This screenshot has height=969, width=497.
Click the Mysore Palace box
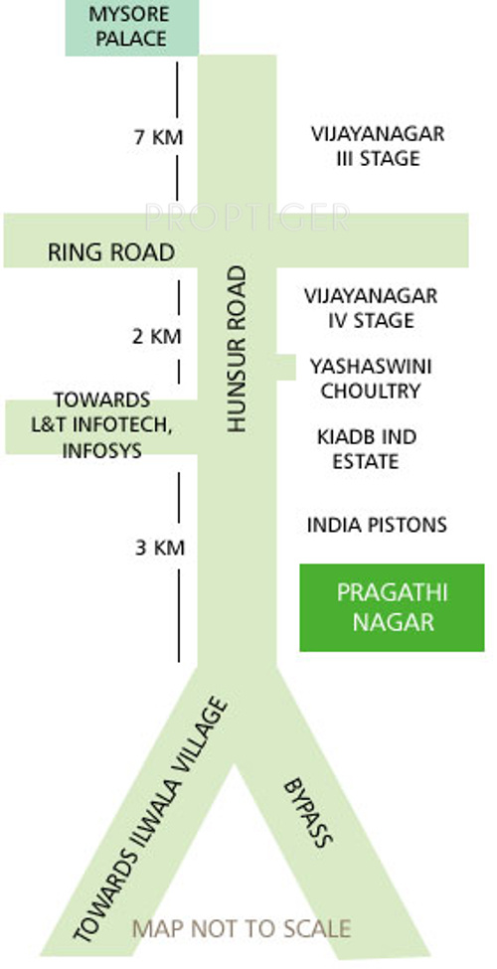click(131, 27)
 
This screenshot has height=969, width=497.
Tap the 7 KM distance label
click(159, 136)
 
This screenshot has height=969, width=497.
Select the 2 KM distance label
click(157, 336)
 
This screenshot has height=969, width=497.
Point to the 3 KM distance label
click(159, 548)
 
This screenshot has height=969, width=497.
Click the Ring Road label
click(111, 252)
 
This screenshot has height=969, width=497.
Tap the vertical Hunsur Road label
click(237, 349)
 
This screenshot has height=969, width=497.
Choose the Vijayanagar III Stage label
click(378, 146)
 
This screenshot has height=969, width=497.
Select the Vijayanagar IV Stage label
click(371, 308)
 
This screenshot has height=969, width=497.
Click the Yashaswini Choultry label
click(371, 379)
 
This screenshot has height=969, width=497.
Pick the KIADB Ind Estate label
click(367, 449)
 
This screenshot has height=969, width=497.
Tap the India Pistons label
click(377, 526)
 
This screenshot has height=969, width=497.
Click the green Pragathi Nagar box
click(392, 607)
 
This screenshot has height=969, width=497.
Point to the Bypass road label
click(308, 813)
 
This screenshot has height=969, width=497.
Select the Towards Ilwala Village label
click(150, 820)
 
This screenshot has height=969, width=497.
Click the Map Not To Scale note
click(242, 929)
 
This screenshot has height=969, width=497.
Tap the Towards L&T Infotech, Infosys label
click(102, 425)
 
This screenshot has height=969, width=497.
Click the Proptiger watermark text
click(248, 218)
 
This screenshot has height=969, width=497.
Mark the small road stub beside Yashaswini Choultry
click(285, 368)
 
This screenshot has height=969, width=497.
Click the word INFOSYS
click(102, 450)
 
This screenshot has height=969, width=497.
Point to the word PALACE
click(131, 39)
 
